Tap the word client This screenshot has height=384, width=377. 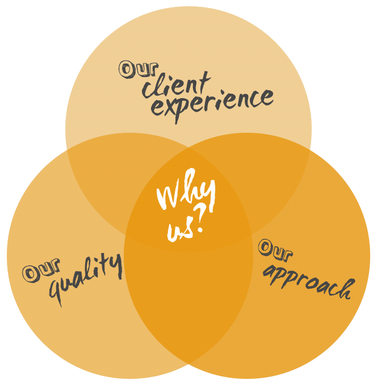176,85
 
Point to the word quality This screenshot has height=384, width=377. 85,278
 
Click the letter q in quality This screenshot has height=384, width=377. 57,290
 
